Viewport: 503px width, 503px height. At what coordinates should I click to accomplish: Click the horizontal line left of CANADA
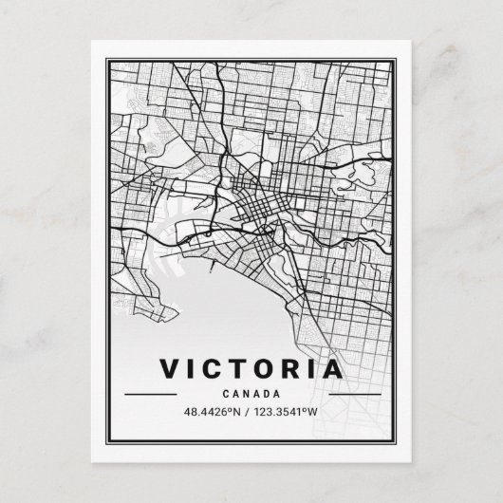pyautogui.click(x=151, y=393)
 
